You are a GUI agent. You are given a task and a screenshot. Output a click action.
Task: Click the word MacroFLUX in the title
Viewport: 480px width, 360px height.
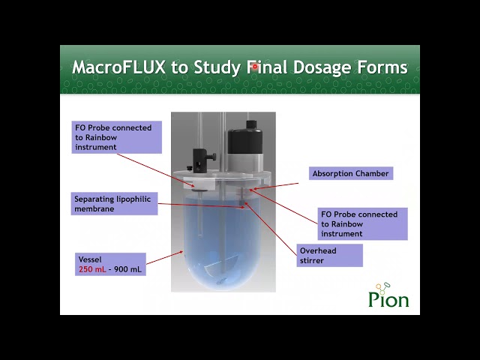click(x=118, y=67)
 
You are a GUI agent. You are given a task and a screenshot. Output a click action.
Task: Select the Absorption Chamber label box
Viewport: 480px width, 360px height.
click(x=351, y=173)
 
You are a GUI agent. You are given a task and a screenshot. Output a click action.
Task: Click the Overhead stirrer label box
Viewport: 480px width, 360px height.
click(x=329, y=255)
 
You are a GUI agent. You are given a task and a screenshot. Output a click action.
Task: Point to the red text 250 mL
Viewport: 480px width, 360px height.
click(x=92, y=269)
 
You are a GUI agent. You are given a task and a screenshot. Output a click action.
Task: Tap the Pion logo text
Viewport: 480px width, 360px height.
click(x=388, y=299)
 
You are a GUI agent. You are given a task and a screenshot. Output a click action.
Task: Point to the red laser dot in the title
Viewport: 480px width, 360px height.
click(x=255, y=67)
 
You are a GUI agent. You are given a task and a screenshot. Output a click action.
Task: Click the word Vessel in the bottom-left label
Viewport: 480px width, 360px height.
click(x=90, y=259)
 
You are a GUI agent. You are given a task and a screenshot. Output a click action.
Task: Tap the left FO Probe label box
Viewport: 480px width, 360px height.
click(x=117, y=137)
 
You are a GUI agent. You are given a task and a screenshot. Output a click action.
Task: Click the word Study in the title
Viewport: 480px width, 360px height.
click(x=217, y=67)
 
